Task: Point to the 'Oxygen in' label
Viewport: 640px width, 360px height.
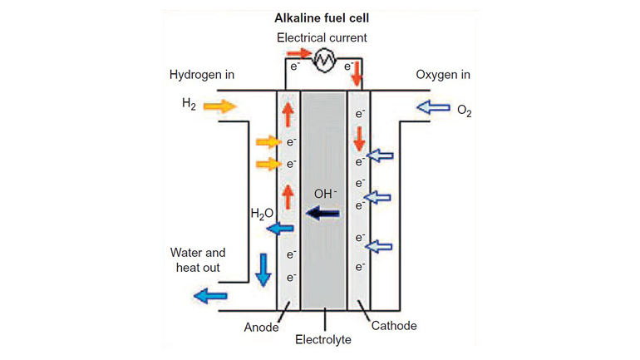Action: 443,75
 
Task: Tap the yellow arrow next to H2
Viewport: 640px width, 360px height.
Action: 219,106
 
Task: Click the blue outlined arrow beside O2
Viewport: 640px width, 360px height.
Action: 432,107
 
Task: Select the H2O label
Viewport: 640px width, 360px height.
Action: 262,214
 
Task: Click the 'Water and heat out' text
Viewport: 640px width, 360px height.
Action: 198,259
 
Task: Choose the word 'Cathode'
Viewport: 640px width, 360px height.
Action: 396,326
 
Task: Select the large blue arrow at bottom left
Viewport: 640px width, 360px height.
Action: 209,294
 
